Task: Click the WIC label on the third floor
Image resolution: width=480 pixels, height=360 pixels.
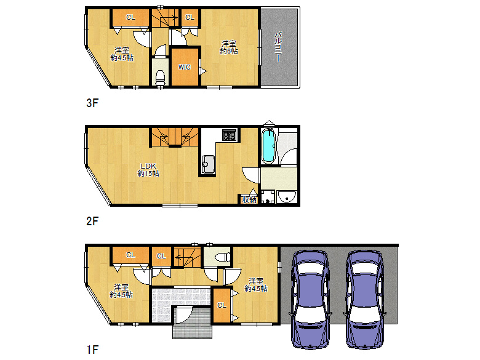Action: click(x=184, y=67)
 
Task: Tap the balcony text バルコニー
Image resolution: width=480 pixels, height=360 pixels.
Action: click(x=278, y=46)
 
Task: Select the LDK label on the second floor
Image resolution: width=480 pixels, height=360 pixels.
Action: click(x=148, y=166)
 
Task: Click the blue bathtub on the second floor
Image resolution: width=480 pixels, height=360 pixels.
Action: click(x=268, y=146)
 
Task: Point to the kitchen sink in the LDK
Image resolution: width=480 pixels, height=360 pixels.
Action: click(x=208, y=164)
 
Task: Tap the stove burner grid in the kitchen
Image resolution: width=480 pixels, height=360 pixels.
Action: click(x=230, y=135)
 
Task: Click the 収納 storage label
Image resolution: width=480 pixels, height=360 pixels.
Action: click(x=249, y=199)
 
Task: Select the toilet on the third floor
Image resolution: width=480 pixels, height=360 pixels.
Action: click(x=161, y=78)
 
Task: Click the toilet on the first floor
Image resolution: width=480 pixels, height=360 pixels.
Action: click(x=223, y=257)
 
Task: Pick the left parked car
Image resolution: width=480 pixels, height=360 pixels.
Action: click(x=311, y=299)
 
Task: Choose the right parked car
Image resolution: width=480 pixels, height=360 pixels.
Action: click(x=364, y=299)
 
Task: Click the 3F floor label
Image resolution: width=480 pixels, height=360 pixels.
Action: click(x=92, y=103)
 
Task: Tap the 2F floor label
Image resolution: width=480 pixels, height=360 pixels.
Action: click(x=92, y=221)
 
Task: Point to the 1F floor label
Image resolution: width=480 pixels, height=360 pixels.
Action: click(x=92, y=350)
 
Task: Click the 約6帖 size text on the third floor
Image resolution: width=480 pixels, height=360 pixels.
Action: click(x=229, y=51)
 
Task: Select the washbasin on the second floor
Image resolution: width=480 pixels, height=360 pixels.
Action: click(x=287, y=197)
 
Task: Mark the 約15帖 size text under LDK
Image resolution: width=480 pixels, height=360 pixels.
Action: click(x=148, y=174)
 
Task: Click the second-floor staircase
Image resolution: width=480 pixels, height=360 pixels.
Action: click(x=175, y=137)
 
